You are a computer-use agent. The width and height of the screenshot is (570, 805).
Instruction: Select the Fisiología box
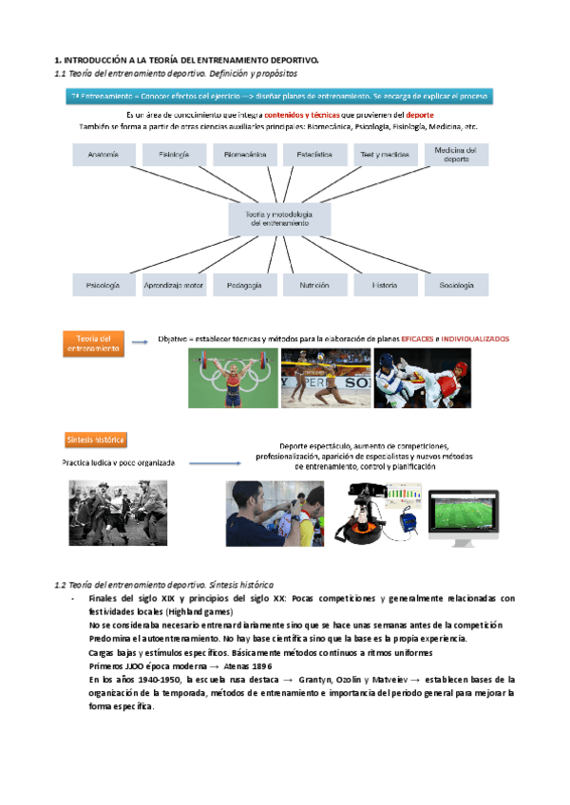pos(174,154)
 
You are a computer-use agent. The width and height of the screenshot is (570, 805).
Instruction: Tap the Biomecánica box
pos(245,154)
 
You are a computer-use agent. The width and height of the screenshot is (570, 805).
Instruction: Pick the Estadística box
pos(314,154)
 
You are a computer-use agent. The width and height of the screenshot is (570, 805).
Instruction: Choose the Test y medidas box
pos(385,154)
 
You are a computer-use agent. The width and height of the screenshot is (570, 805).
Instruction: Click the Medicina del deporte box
pos(456,154)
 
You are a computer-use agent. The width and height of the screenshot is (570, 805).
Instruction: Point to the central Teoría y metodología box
pos(279,220)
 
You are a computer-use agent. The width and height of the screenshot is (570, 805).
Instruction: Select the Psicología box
pos(102,285)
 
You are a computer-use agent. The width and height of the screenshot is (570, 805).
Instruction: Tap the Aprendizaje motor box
pos(174,285)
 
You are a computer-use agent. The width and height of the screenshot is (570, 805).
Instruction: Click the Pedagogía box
pos(245,285)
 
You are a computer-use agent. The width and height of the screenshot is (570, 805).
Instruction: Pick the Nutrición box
pos(314,285)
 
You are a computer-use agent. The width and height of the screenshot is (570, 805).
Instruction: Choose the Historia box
pos(385,285)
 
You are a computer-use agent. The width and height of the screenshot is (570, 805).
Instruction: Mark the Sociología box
pos(456,285)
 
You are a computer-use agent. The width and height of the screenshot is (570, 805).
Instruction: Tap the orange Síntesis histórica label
pos(96,440)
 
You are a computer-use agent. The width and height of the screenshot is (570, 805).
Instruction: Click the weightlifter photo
pos(233,377)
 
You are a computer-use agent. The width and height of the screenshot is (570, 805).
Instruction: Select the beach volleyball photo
pos(325,377)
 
